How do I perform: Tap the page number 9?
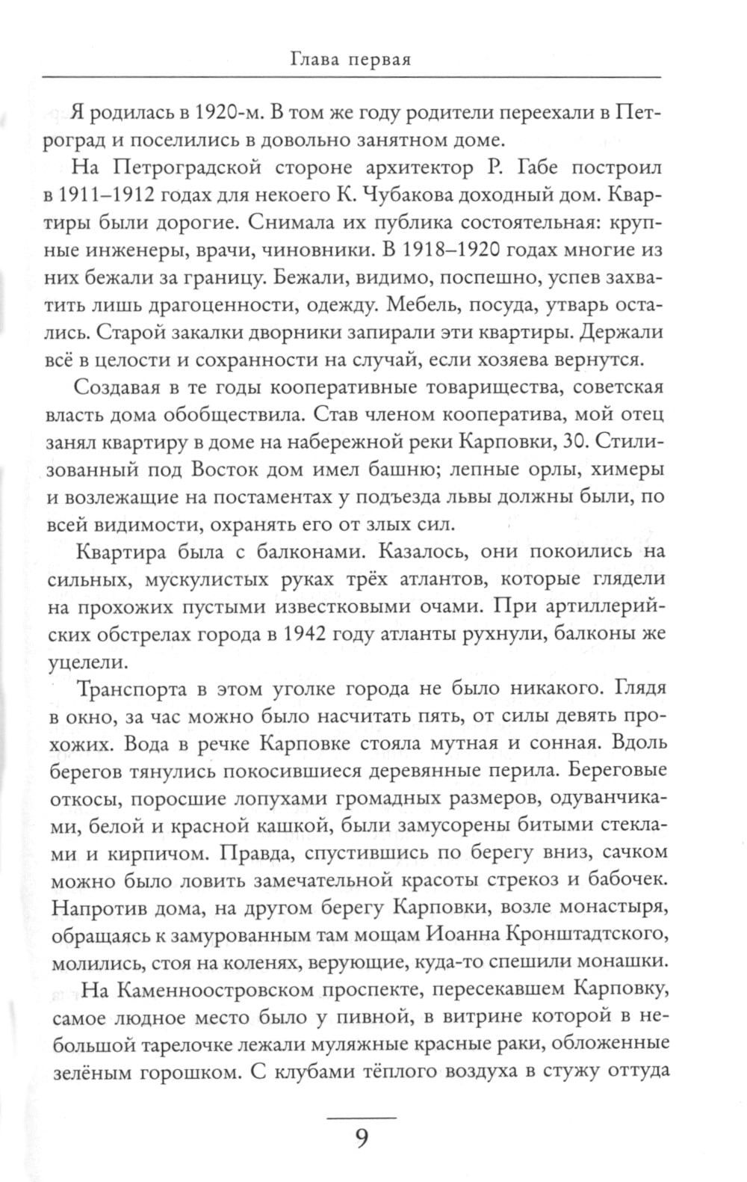tap(361, 1118)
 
